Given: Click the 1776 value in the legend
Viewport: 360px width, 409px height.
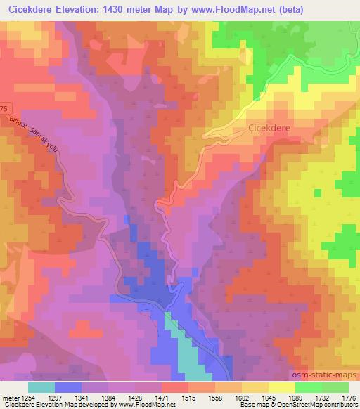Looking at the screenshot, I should click(x=347, y=398).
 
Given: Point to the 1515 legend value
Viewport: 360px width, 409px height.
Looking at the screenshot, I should click(x=188, y=398).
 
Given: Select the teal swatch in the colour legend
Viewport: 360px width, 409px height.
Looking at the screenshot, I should click(x=41, y=387).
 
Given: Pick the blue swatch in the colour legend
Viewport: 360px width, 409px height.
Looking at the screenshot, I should click(x=67, y=387).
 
